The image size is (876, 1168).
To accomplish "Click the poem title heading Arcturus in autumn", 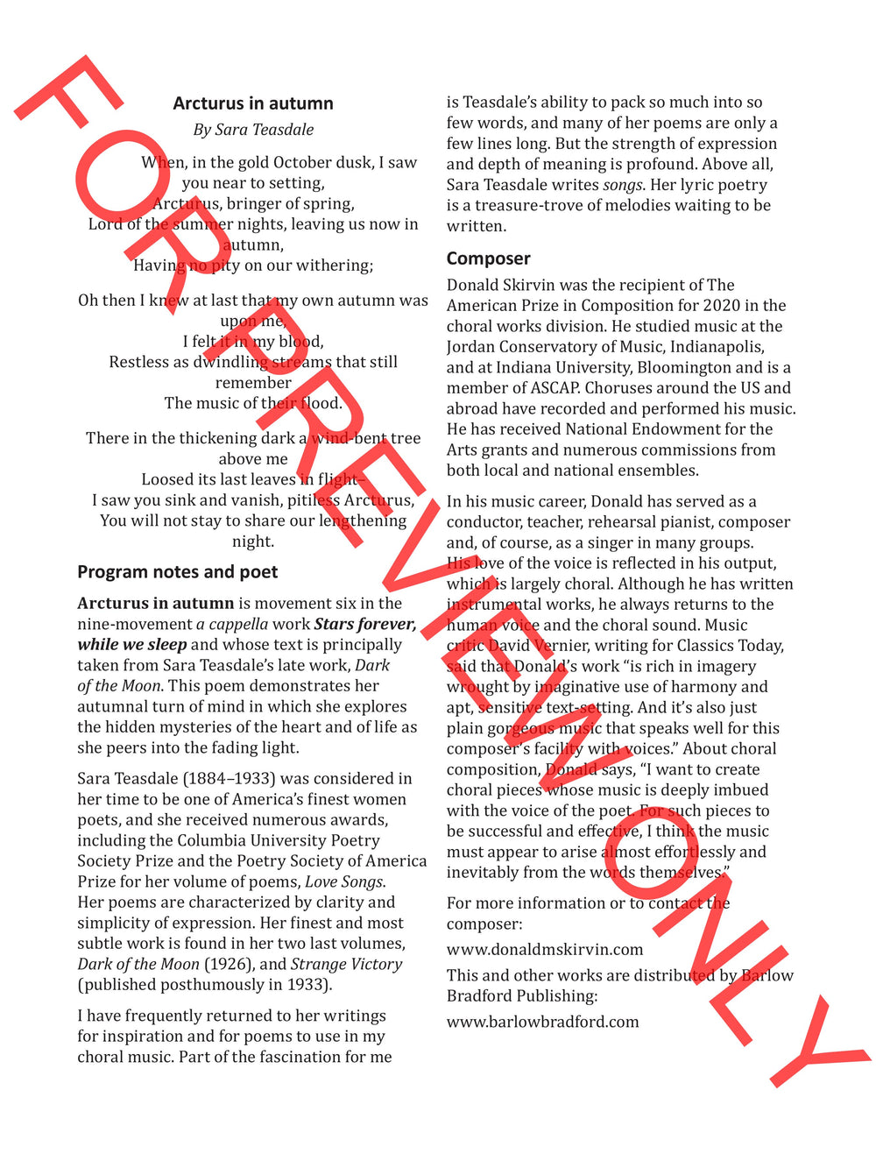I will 253,103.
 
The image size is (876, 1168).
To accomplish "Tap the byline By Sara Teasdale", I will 253,130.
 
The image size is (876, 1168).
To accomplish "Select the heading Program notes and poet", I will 177,572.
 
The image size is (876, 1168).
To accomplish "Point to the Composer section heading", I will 488,258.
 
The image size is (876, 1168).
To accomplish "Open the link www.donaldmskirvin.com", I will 545,950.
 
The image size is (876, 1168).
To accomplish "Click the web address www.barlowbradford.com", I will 542,1022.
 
